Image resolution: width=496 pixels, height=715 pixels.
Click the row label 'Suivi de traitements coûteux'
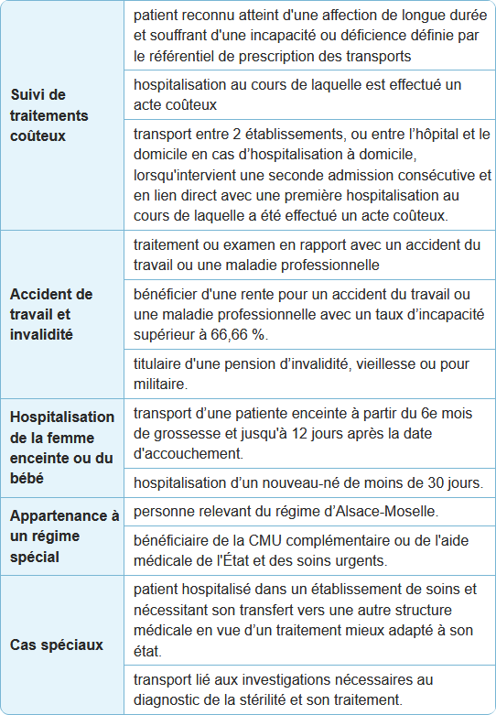tap(50, 115)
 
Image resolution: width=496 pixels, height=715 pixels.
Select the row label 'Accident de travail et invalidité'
tap(51, 314)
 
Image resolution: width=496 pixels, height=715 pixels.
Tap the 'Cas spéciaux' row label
tap(57, 645)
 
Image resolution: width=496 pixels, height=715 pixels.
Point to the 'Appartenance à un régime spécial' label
tap(64, 536)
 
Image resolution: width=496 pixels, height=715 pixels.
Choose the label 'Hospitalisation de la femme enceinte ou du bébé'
tap(62, 447)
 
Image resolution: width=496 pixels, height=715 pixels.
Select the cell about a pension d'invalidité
tap(307, 374)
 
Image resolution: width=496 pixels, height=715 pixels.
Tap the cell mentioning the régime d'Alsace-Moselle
tap(307, 511)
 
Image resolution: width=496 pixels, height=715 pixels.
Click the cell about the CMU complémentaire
tap(307, 549)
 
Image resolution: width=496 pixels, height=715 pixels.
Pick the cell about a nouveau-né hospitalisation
tap(307, 482)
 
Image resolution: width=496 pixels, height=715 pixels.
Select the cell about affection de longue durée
tap(307, 36)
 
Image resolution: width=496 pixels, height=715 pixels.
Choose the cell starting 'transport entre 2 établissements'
tap(307, 175)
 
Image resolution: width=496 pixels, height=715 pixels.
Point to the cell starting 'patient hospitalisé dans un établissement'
tap(307, 621)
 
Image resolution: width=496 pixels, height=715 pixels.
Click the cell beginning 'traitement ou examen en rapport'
tap(307, 255)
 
